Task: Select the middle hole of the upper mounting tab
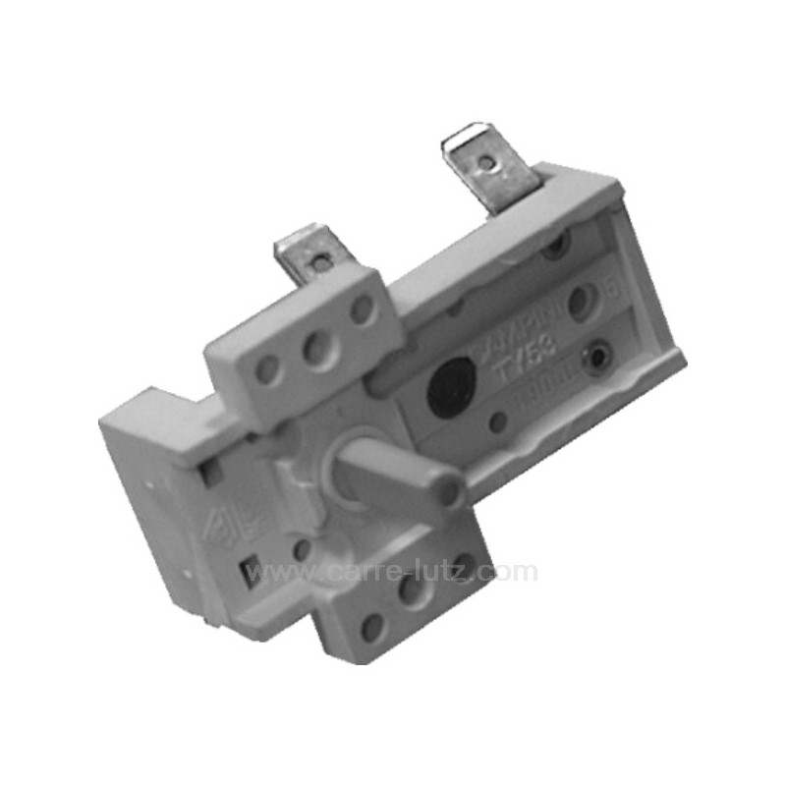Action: (x=317, y=349)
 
